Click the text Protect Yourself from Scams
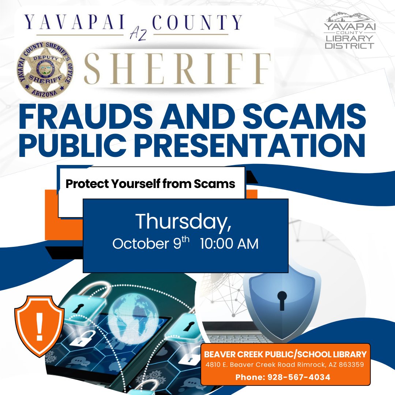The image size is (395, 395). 150,184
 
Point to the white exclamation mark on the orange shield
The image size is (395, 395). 39,326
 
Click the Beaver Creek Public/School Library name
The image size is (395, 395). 285,354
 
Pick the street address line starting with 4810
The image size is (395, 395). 285,365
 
